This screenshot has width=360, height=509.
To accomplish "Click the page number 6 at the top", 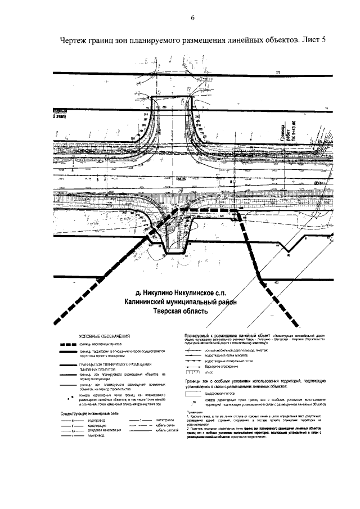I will point(192,17).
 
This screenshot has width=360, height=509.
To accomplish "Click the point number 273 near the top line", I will point(277,72).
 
